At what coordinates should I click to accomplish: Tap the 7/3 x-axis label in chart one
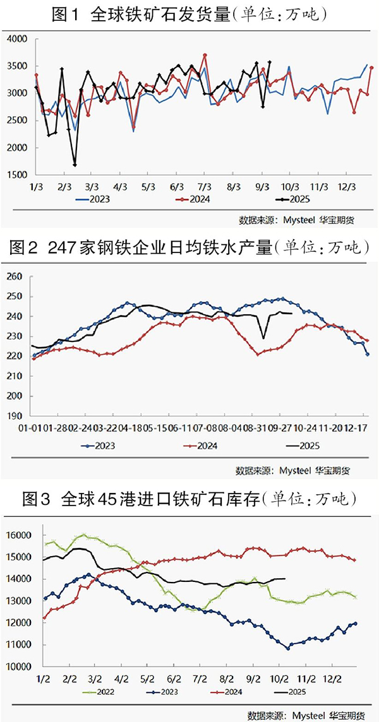coord(205,187)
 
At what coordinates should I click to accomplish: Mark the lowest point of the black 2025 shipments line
coord(75,165)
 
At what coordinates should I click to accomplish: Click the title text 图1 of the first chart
coord(66,13)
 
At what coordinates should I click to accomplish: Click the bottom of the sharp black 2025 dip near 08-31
coord(263,338)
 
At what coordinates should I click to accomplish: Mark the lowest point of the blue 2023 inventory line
coord(288,648)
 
